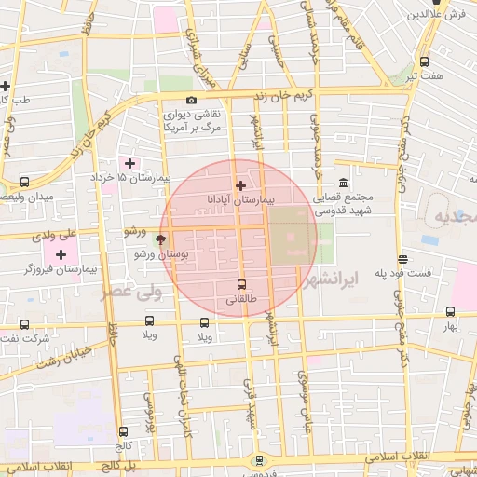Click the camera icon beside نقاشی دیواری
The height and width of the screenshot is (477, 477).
point(192,100)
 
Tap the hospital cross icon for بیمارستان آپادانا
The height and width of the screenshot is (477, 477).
point(241,185)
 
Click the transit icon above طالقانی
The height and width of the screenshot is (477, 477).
point(242,284)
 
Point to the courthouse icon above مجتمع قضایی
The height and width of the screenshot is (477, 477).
point(344,183)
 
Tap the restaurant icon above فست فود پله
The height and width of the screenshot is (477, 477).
point(402,260)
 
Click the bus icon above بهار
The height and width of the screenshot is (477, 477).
point(451,313)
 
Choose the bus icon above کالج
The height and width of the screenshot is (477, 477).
point(123,430)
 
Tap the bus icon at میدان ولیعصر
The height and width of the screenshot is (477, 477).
point(25,183)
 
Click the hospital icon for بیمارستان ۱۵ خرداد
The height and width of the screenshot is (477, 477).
point(129,163)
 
